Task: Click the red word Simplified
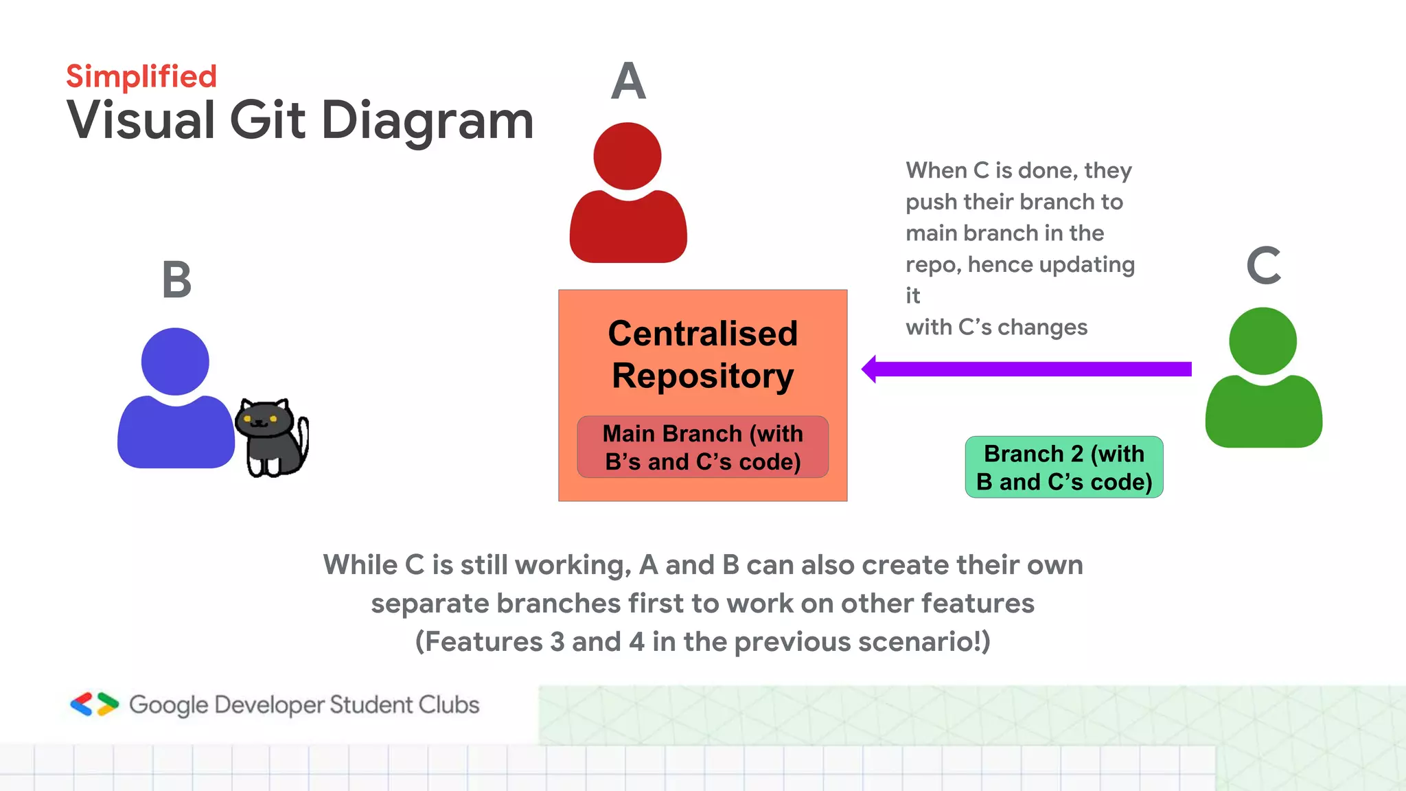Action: tap(141, 77)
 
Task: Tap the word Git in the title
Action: tap(267, 121)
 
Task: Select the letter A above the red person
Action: tap(628, 82)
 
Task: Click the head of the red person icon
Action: tap(627, 157)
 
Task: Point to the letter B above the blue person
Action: tap(176, 280)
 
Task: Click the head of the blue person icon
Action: tap(175, 362)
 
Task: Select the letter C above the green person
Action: tap(1263, 266)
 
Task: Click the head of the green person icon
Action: tap(1263, 341)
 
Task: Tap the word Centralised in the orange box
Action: tap(702, 334)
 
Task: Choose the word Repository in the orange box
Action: tap(702, 376)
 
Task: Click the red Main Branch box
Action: tap(702, 447)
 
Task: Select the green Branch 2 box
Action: tap(1063, 468)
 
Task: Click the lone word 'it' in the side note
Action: tap(912, 296)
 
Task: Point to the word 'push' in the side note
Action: tap(931, 203)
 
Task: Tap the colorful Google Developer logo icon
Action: tap(95, 704)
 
